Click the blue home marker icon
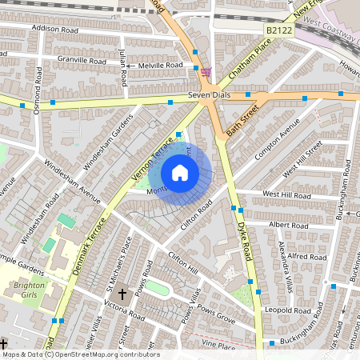(180, 172)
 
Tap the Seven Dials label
(209, 94)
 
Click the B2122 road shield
(276, 29)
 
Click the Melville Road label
(160, 66)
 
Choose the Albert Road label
(288, 226)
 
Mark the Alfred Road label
(306, 257)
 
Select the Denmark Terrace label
(89, 245)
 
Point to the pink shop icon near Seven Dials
(206, 72)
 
